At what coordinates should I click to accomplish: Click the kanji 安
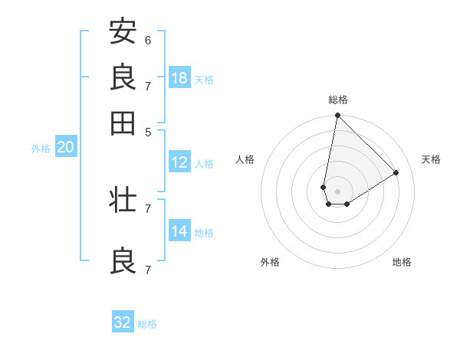123,31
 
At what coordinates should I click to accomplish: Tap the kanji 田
123,123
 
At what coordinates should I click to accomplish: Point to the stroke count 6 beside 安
148,40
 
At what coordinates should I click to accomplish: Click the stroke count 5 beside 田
148,131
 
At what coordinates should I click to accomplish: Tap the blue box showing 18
179,78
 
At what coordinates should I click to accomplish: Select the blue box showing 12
179,162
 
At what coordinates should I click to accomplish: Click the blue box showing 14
179,231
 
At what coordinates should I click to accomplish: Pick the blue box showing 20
65,148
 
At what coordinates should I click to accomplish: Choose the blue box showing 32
123,322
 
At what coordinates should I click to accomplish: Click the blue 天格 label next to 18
204,79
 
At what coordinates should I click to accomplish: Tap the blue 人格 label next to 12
204,163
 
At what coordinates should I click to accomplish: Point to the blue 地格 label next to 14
204,232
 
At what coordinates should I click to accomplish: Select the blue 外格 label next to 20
41,149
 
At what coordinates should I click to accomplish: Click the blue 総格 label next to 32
147,323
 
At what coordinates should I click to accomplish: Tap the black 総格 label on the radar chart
338,100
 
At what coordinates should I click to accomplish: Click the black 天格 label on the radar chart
431,159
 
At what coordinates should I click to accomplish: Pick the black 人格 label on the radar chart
245,159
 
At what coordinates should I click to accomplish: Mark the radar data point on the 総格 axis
337,116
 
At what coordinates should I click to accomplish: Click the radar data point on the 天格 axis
396,172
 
